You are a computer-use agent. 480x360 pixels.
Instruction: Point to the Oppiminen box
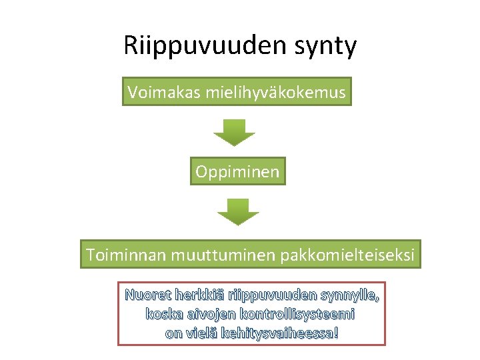pyautogui.click(x=238, y=171)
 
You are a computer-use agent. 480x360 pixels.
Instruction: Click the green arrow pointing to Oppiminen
pyautogui.click(x=234, y=132)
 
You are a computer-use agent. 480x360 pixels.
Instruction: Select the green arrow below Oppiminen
pyautogui.click(x=238, y=211)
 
